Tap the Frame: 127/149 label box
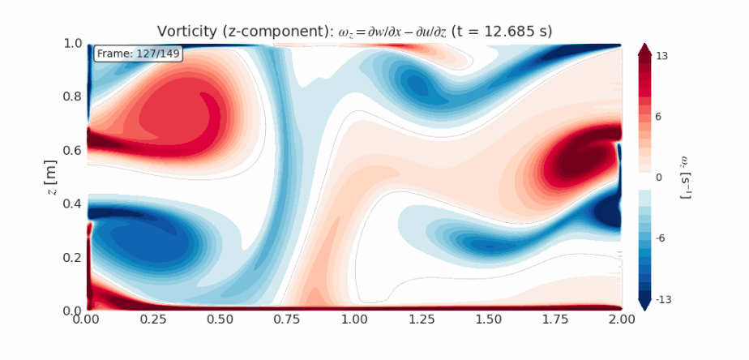point(139,54)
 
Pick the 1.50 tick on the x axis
point(488,319)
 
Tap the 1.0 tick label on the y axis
point(71,43)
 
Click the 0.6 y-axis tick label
point(71,150)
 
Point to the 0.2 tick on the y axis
point(71,257)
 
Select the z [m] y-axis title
point(50,177)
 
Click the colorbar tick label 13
point(662,56)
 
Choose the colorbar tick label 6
point(659,117)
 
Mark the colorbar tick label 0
point(659,178)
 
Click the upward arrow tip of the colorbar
point(644,45)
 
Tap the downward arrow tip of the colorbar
point(644,309)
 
